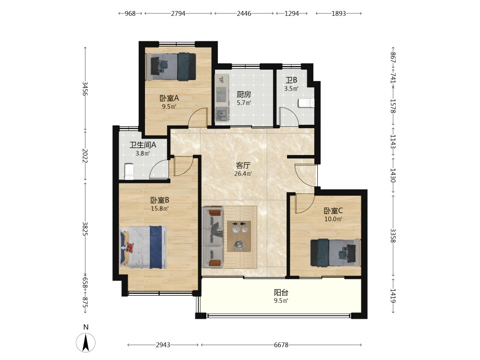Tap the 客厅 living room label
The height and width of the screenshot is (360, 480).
(x=243, y=166)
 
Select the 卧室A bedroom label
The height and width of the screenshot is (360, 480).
(x=169, y=98)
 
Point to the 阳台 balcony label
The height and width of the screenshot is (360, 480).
(x=281, y=292)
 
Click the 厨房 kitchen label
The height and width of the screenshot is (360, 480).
(x=244, y=95)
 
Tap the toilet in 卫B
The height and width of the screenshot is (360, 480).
(x=306, y=103)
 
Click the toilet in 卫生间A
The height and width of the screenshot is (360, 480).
(x=129, y=171)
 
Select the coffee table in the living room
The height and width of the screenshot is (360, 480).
(x=239, y=236)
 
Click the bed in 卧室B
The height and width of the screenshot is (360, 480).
(x=143, y=247)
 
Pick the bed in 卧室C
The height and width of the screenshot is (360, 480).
(x=336, y=252)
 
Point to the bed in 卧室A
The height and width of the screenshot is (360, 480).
(x=171, y=67)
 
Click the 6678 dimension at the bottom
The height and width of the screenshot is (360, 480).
(x=281, y=345)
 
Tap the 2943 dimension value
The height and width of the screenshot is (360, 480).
(x=163, y=345)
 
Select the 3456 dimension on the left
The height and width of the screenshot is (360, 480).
(x=85, y=88)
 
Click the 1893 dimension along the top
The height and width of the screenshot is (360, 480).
(x=338, y=13)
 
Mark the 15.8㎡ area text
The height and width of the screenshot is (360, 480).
(x=160, y=209)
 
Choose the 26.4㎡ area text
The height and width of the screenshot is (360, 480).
(x=243, y=174)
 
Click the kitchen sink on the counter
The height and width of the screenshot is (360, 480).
(x=221, y=115)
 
